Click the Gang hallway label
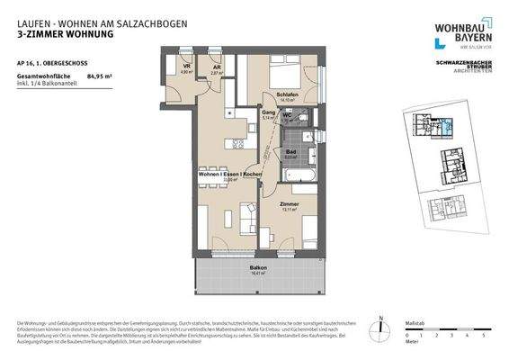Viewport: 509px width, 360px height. (x=268, y=112)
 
